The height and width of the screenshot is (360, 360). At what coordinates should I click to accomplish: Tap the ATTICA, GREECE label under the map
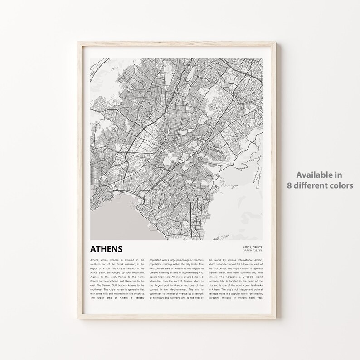coord(253,247)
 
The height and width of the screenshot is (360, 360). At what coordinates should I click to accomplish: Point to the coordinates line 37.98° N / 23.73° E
coord(253,251)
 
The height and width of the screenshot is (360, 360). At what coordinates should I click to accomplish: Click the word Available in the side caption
coord(320,175)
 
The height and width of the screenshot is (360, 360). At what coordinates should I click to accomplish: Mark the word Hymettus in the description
coord(130,282)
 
